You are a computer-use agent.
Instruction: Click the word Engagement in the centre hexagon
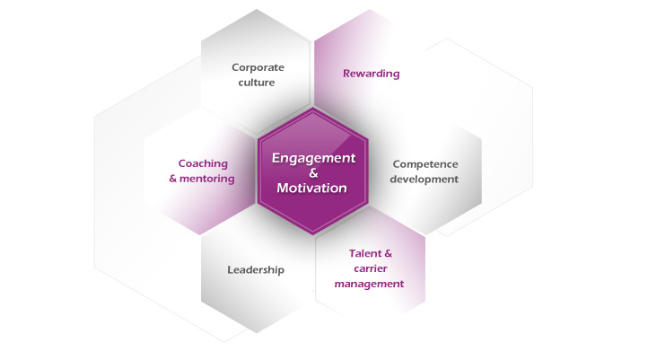click(x=313, y=159)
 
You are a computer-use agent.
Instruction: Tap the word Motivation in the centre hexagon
click(x=312, y=188)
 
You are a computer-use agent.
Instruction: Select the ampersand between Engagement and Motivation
click(x=313, y=173)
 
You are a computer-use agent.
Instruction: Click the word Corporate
click(x=258, y=67)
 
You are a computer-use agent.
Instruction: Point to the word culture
click(x=257, y=83)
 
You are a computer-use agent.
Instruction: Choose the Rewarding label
click(x=371, y=74)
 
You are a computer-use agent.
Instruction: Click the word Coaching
click(x=203, y=164)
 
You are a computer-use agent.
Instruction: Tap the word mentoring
click(x=207, y=179)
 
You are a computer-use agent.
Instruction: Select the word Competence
click(x=425, y=164)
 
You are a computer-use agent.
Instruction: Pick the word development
click(x=424, y=180)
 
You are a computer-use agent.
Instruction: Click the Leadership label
click(x=256, y=270)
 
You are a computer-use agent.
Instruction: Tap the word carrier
click(x=371, y=268)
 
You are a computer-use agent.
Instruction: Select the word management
click(x=369, y=284)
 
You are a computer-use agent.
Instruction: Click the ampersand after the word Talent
click(x=388, y=253)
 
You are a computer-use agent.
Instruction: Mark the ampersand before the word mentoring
click(x=172, y=179)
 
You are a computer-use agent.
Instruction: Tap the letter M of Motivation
click(x=283, y=188)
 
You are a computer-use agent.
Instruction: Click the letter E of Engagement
click(x=276, y=158)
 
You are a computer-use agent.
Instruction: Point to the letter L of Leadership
click(x=230, y=270)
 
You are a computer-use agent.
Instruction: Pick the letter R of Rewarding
click(x=347, y=74)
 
